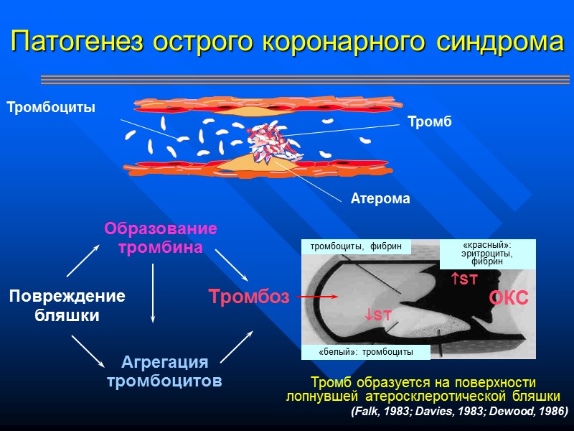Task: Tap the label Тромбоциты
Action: click(51, 108)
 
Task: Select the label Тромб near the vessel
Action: click(429, 122)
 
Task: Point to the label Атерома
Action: click(380, 199)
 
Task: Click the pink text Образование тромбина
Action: click(160, 238)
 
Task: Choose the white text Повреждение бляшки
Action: click(67, 305)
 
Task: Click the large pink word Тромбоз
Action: click(248, 297)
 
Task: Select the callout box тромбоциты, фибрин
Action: click(356, 247)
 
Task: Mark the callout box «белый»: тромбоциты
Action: click(365, 352)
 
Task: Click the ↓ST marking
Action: click(377, 315)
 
